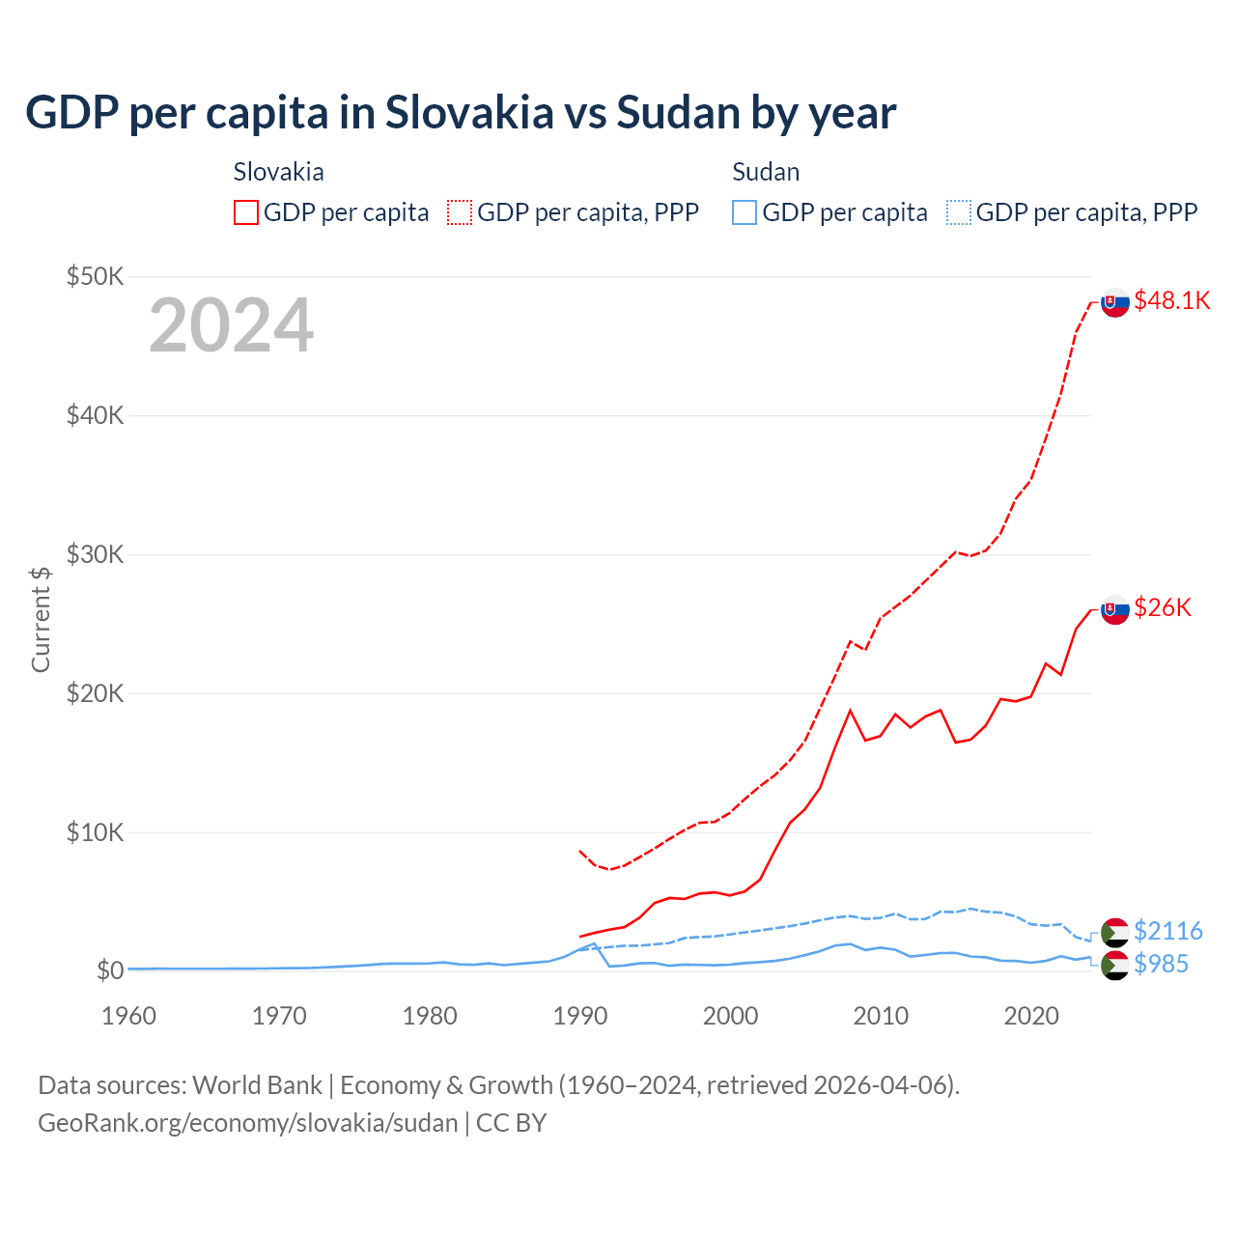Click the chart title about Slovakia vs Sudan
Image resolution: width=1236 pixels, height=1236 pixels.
tap(461, 113)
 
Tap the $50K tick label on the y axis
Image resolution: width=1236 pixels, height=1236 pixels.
tap(96, 277)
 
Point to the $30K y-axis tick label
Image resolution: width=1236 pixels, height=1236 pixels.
tap(96, 554)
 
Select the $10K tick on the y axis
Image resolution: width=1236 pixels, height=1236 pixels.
tap(96, 832)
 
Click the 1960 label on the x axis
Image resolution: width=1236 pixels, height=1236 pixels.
tap(128, 1016)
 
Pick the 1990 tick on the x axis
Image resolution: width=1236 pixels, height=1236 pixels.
tap(580, 1016)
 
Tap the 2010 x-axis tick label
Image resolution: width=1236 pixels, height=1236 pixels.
tap(881, 1016)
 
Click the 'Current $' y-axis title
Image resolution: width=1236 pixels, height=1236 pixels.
tap(41, 619)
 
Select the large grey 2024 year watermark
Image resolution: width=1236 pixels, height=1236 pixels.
tap(231, 325)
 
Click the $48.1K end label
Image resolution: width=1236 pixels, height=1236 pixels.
tap(1171, 300)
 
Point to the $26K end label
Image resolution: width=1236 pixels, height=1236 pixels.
tap(1163, 607)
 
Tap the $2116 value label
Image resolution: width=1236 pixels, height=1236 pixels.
tap(1167, 931)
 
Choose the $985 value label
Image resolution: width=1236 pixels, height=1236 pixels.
tap(1161, 964)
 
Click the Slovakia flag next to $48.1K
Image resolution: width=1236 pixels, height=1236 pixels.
tap(1115, 302)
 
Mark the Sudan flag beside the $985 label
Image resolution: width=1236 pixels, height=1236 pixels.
tap(1115, 965)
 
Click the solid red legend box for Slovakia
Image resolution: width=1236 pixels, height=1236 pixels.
tap(246, 212)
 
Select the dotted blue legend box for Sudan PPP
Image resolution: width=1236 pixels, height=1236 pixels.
tap(959, 212)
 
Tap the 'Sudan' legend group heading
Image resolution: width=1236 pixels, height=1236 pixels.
tap(766, 172)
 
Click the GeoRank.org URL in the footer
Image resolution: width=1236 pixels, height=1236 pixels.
tap(248, 1123)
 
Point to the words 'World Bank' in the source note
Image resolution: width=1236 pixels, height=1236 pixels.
tap(257, 1085)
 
